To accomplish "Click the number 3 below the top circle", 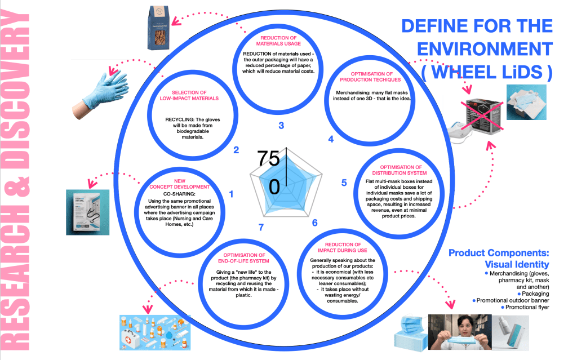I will click(x=281, y=125).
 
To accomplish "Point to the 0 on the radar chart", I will click(x=273, y=185).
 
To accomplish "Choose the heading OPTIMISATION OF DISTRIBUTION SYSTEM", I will click(x=401, y=171).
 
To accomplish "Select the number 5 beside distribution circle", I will click(x=344, y=183).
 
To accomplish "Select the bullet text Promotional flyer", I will click(x=527, y=308).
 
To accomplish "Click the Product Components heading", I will click(x=498, y=252).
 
